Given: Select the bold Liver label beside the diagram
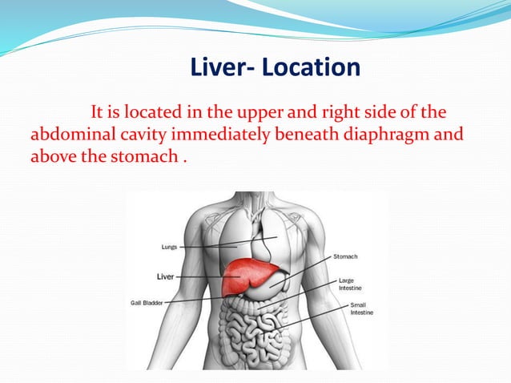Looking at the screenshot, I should (x=165, y=276).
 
